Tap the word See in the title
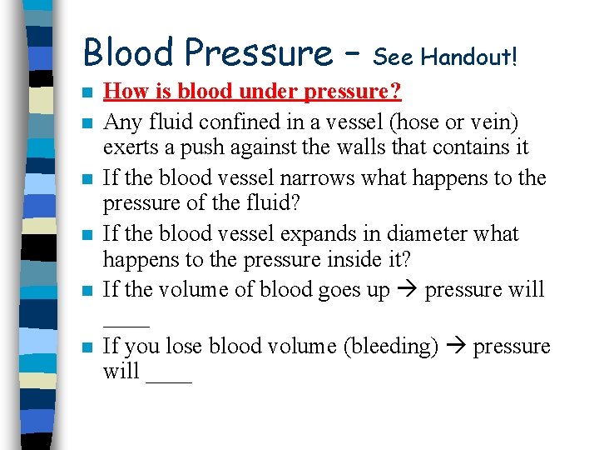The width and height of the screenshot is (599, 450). [394, 57]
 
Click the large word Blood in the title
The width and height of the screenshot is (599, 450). [131, 52]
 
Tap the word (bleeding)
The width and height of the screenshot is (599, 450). [390, 346]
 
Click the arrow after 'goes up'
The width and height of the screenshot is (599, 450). [407, 291]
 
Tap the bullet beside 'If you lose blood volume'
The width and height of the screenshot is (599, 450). [87, 347]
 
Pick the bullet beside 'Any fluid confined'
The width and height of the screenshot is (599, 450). [87, 124]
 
